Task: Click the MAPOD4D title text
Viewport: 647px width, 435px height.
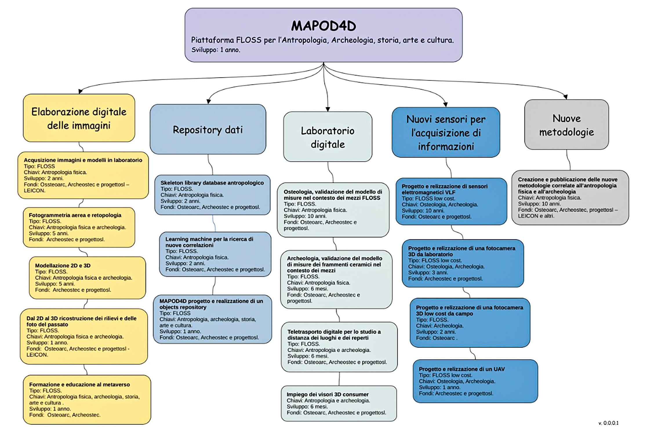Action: pyautogui.click(x=323, y=26)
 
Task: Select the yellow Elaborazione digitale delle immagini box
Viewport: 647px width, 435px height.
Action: pyautogui.click(x=79, y=118)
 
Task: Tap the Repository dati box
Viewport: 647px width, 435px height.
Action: pyautogui.click(x=208, y=130)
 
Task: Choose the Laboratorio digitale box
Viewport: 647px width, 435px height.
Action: pyautogui.click(x=328, y=137)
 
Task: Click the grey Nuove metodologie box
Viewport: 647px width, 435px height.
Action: pyautogui.click(x=566, y=125)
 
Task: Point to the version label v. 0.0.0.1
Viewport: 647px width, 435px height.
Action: pyautogui.click(x=608, y=423)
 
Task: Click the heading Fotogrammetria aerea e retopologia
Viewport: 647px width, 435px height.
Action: pyautogui.click(x=75, y=215)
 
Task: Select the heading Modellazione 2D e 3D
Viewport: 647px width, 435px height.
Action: pyautogui.click(x=63, y=265)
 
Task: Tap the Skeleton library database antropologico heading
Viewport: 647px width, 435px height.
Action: pyautogui.click(x=212, y=183)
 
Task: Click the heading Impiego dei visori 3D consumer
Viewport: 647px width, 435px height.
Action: pyautogui.click(x=328, y=394)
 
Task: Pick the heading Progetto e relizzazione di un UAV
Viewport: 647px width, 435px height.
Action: pyautogui.click(x=461, y=369)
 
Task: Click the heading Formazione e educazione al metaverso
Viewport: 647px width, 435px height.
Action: pyautogui.click(x=79, y=385)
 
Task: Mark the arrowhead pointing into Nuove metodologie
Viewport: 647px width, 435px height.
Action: pyautogui.click(x=566, y=97)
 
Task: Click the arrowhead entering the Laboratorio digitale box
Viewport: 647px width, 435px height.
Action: pyautogui.click(x=328, y=109)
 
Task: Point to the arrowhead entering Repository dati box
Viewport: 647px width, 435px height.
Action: pyautogui.click(x=208, y=101)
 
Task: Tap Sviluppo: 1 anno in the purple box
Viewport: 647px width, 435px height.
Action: pyautogui.click(x=216, y=50)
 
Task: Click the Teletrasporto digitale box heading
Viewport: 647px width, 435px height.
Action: pyautogui.click(x=334, y=335)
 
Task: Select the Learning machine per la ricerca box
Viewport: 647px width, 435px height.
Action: pyautogui.click(x=215, y=254)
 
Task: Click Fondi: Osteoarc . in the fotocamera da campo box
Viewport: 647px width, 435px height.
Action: pyautogui.click(x=437, y=338)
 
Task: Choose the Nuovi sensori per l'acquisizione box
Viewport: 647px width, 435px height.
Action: pyautogui.click(x=446, y=133)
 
